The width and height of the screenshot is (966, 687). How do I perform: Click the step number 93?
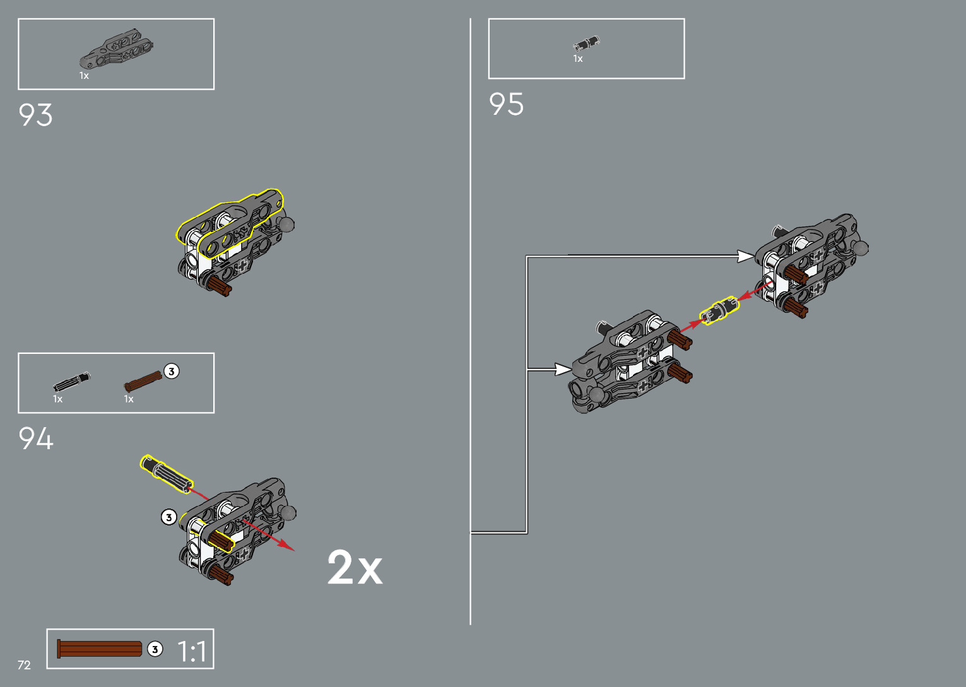pos(35,115)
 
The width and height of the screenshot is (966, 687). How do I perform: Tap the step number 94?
pos(36,438)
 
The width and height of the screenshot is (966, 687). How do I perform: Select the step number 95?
pos(506,105)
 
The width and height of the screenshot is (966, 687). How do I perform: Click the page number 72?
pos(24,665)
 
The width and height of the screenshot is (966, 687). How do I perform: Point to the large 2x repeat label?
pos(355,568)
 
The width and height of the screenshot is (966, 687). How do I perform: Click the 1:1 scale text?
pos(192,652)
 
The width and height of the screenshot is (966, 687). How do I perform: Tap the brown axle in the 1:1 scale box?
pos(100,649)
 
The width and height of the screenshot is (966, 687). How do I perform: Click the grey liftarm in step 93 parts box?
pos(116,48)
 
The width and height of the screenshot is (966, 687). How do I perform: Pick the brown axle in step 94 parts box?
pos(143,380)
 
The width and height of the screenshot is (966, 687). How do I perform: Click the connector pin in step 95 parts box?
pos(586,44)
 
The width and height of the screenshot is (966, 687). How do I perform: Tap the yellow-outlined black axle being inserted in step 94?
pos(166,473)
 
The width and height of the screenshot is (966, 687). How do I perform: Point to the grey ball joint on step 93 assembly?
pos(286,225)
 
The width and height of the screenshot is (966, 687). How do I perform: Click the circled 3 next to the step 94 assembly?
pos(168,517)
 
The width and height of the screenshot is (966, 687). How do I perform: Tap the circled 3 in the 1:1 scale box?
pos(155,649)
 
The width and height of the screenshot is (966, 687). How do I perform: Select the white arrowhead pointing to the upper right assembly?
pos(746,256)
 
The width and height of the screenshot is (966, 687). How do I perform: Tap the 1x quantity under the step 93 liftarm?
pos(84,76)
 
